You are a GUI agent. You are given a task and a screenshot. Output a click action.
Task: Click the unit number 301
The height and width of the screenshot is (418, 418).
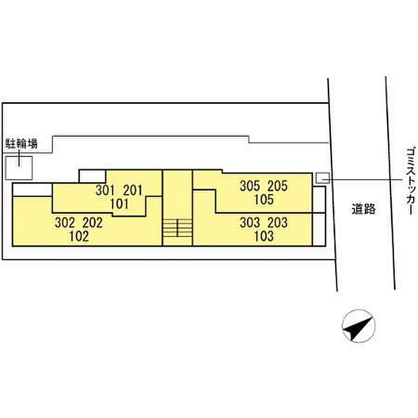(x=105, y=190)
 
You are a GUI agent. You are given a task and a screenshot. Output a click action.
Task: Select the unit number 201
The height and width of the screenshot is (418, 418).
(x=133, y=190)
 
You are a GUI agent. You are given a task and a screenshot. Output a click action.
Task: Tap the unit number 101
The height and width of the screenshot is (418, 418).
(x=119, y=204)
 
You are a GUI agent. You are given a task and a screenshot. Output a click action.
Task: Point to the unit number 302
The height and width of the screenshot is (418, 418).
(x=64, y=223)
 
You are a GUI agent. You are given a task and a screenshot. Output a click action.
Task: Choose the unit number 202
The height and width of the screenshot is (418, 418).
(x=93, y=223)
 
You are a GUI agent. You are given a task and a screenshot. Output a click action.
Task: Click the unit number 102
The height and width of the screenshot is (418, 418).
(x=79, y=236)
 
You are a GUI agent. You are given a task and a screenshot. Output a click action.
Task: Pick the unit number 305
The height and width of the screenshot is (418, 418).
(x=250, y=186)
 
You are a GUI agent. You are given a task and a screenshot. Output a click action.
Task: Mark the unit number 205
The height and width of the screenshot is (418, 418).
(x=278, y=186)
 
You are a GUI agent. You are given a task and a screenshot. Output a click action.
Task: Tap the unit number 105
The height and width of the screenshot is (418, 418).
(x=264, y=199)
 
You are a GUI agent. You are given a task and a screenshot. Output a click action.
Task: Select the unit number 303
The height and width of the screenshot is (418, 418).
(x=250, y=223)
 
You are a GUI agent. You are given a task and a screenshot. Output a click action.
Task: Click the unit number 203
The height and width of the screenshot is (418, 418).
(x=278, y=223)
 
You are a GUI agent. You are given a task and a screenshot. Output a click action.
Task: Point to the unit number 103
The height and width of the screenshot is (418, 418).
(x=264, y=236)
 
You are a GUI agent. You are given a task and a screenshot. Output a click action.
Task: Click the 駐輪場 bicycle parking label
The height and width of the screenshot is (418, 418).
(x=21, y=144)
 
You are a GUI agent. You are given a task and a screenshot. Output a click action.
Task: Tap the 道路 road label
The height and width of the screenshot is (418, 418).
(x=364, y=209)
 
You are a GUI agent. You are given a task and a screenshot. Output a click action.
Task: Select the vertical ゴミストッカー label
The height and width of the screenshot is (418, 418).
(x=411, y=182)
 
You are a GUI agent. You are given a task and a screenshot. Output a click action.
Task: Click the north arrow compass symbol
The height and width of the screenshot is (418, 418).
(x=358, y=326)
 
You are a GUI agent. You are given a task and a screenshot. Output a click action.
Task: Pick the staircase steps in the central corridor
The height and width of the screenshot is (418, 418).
(x=177, y=228)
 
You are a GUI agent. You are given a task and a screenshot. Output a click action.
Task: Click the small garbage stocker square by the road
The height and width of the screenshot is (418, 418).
(x=322, y=178)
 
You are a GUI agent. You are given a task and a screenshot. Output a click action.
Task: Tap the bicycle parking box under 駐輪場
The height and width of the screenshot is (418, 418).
(x=19, y=168)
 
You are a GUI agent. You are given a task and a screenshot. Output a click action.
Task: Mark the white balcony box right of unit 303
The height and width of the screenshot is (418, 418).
(x=319, y=229)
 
